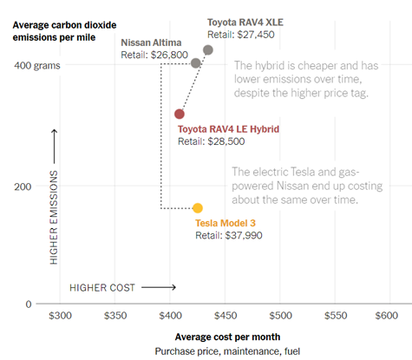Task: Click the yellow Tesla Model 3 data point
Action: click(x=198, y=208)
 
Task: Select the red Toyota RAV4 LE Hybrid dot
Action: click(x=180, y=114)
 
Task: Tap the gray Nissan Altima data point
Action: click(x=196, y=63)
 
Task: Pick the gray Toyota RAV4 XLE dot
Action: click(x=208, y=50)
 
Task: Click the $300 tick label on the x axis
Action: click(x=60, y=317)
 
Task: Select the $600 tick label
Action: click(x=388, y=317)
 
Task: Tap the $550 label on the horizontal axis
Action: click(x=334, y=317)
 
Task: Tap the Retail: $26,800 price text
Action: click(x=154, y=54)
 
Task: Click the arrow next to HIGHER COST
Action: click(x=158, y=287)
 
